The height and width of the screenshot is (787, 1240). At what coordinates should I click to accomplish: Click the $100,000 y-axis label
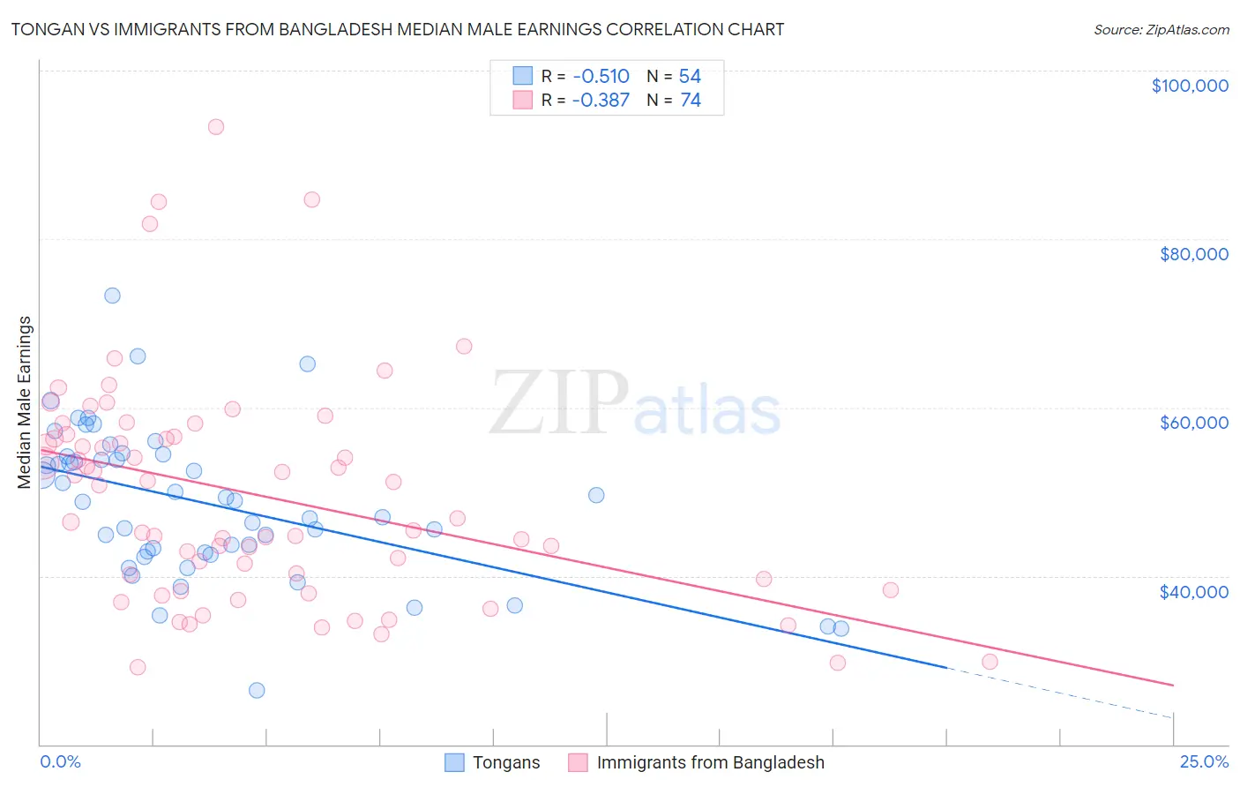tap(1190, 86)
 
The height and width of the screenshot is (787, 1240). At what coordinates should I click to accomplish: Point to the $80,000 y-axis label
tap(1193, 254)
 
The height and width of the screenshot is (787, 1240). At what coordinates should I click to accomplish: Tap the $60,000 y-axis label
tap(1193, 423)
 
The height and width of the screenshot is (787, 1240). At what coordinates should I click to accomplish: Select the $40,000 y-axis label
tap(1193, 591)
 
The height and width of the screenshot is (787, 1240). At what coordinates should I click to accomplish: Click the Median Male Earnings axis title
tap(25, 402)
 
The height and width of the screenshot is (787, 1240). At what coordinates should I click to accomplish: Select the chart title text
tap(397, 30)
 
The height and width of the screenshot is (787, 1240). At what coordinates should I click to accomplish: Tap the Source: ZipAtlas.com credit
tap(1161, 30)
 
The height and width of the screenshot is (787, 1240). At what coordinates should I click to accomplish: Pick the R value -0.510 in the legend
tap(600, 76)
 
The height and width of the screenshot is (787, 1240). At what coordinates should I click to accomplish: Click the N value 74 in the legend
tap(691, 101)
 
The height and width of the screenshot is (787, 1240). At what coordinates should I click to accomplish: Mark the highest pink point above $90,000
tap(216, 127)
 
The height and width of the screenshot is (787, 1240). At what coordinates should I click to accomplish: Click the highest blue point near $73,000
tap(112, 296)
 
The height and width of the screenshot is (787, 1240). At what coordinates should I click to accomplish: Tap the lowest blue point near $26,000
tap(257, 690)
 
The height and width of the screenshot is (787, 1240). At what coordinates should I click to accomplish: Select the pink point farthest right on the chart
tap(990, 662)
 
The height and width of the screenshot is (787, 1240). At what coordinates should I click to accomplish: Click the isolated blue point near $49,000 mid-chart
tap(596, 495)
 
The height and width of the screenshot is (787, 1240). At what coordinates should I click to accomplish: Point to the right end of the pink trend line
tap(1173, 685)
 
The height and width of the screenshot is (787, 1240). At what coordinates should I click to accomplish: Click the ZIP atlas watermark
tap(635, 404)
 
